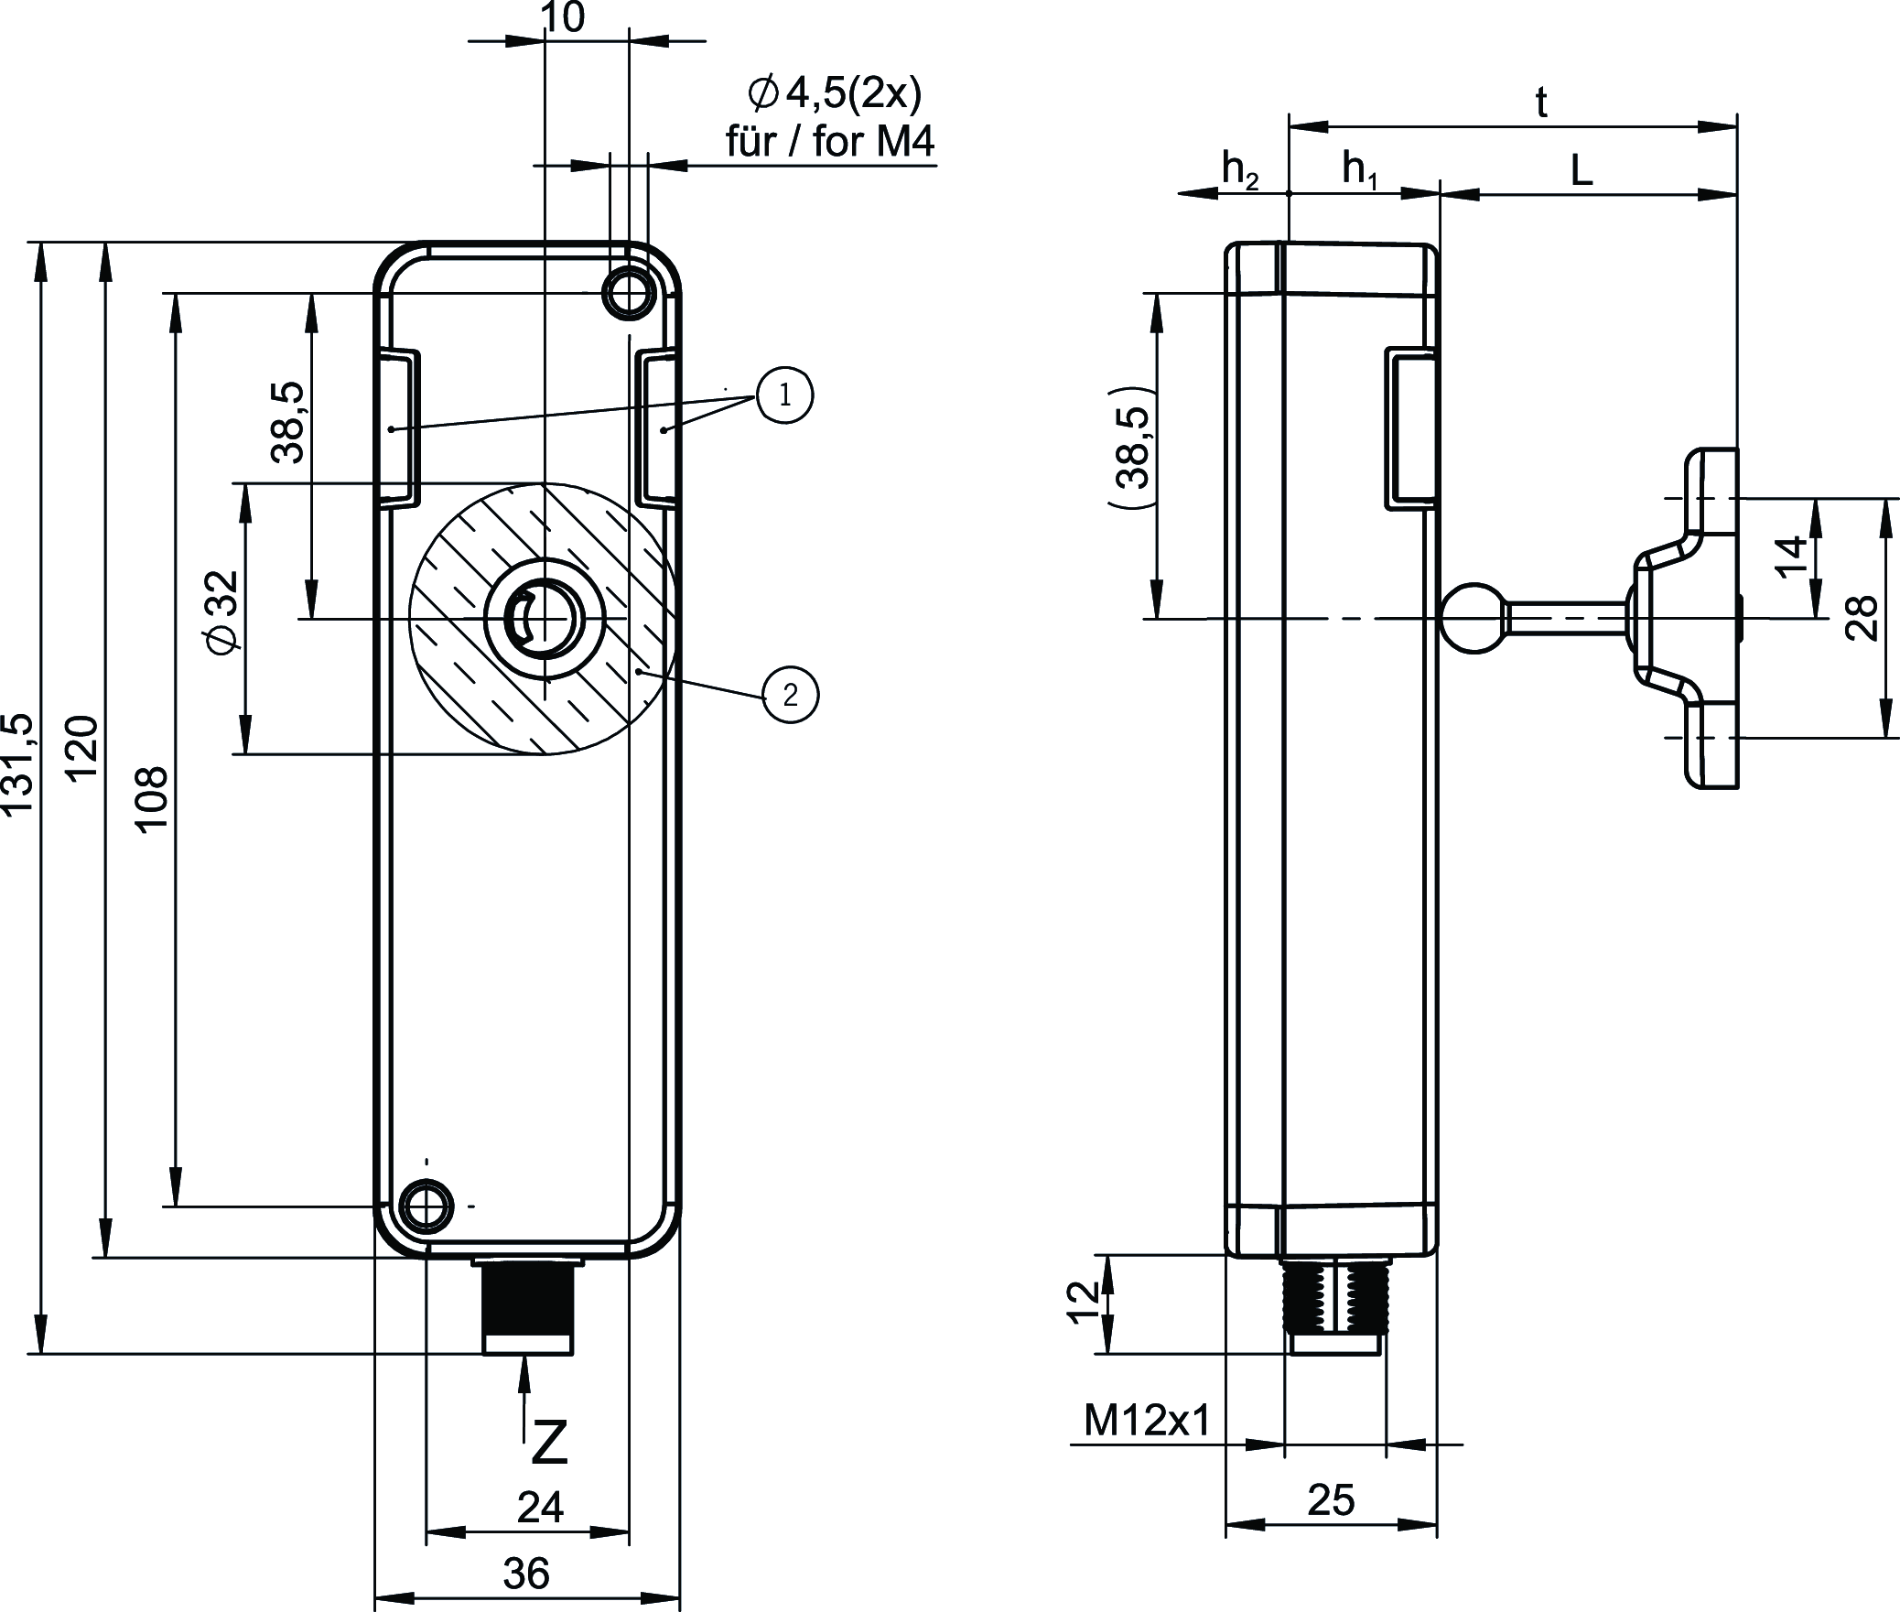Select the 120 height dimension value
83,747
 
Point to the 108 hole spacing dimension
152,797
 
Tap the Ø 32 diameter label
222,612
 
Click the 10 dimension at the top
563,17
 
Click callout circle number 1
784,395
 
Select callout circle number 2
790,695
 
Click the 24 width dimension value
540,1508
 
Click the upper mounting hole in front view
629,293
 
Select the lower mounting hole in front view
426,1206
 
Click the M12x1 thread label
1147,1421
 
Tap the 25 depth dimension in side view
1331,1499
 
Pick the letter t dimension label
1541,104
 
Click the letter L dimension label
1582,171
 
